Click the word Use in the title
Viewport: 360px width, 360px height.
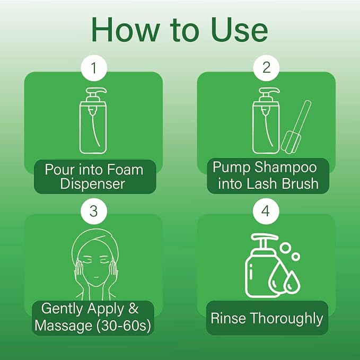point(240,30)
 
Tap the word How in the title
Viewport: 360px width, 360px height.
point(125,30)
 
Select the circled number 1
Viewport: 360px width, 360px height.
point(94,68)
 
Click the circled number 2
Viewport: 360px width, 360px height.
point(266,68)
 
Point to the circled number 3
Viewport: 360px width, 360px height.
point(94,211)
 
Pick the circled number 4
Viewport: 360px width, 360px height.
point(266,211)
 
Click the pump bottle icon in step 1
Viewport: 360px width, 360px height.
point(93,120)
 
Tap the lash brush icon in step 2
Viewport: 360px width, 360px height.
point(296,127)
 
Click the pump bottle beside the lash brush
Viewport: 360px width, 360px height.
point(266,120)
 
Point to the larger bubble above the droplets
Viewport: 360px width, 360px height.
point(285,248)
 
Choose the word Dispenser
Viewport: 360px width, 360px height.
point(92,184)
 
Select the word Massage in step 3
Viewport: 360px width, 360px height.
point(64,326)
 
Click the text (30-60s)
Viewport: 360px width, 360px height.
point(124,326)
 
